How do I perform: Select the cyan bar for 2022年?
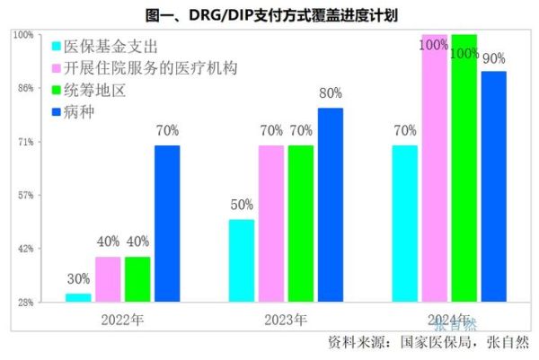pyautogui.click(x=78, y=297)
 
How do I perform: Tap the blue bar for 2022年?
pyautogui.click(x=166, y=224)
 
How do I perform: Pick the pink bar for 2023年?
pyautogui.click(x=270, y=224)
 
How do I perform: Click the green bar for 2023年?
pyautogui.click(x=301, y=224)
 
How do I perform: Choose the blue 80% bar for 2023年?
pyautogui.click(x=330, y=205)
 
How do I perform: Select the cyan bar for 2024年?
pyautogui.click(x=405, y=224)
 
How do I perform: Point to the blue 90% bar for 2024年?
pyautogui.click(x=493, y=186)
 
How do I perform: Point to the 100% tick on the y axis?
pyautogui.click(x=22, y=35)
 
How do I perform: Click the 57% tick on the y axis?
pyautogui.click(x=24, y=195)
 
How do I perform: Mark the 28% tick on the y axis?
pyautogui.click(x=24, y=302)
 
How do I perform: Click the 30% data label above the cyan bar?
pyautogui.click(x=78, y=279)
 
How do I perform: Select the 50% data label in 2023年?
pyautogui.click(x=242, y=205)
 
